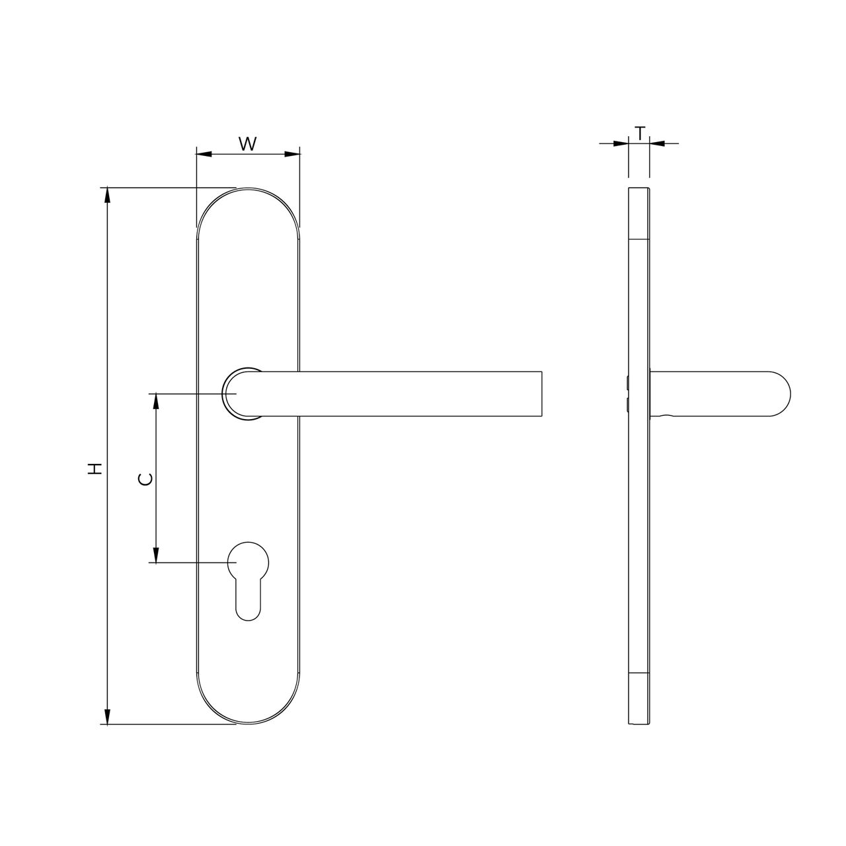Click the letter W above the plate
247,143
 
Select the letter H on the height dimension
96,469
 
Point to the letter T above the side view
639,133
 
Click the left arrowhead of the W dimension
204,155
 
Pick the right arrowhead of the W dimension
293,155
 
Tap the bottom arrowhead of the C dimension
156,555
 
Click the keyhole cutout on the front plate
249,579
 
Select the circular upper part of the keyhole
249,562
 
